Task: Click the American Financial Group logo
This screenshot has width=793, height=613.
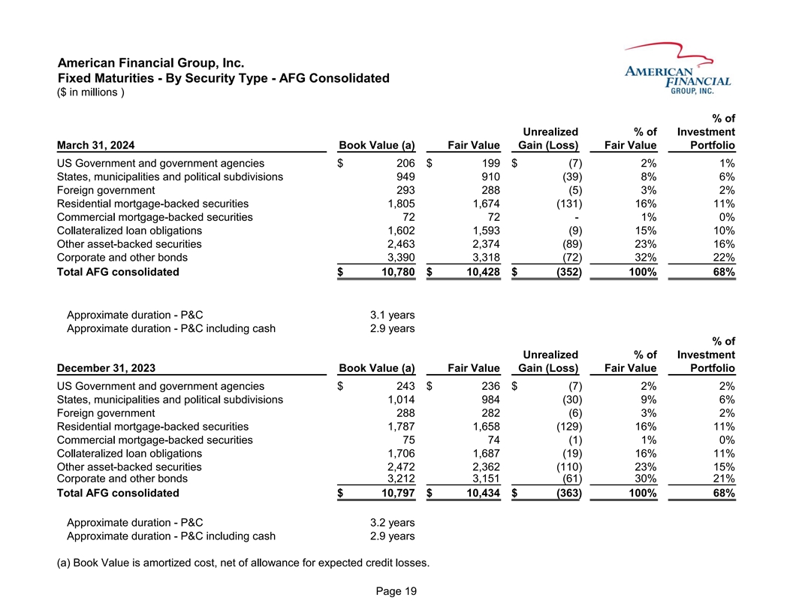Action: point(676,69)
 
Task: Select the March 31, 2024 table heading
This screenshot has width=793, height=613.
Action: point(95,145)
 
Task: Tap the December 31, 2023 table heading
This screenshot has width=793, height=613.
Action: point(106,368)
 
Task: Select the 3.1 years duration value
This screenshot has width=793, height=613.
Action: point(387,314)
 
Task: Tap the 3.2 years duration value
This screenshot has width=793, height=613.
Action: point(387,522)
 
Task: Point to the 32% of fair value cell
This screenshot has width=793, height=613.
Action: point(644,258)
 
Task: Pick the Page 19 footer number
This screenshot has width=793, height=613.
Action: point(396,591)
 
